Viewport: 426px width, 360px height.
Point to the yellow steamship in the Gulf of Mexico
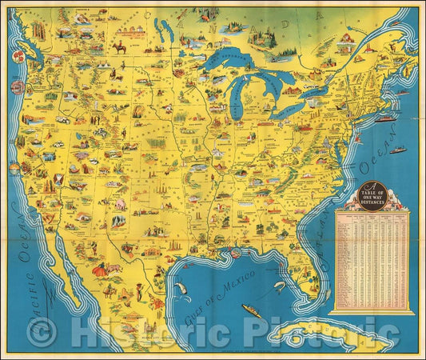tap(253, 311)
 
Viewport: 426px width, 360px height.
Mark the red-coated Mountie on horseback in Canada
tap(119, 48)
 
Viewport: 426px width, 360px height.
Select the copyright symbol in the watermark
tap(42, 330)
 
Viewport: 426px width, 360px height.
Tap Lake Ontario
tap(313, 95)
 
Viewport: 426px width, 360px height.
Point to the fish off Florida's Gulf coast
tap(280, 286)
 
